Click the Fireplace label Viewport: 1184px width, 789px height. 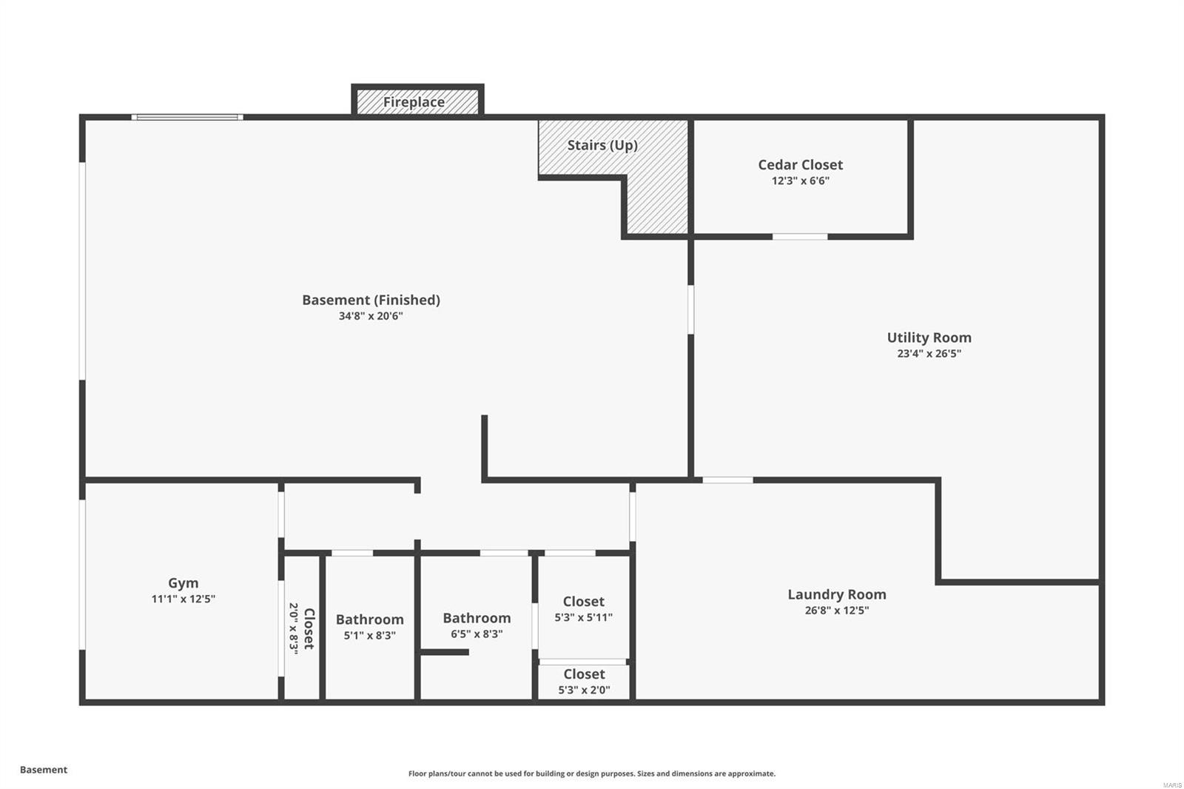pos(414,102)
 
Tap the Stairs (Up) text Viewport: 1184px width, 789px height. pos(602,145)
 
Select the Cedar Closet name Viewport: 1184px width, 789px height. pos(800,165)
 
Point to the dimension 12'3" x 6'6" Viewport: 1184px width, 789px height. pos(800,181)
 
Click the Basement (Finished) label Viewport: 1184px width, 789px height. pos(371,300)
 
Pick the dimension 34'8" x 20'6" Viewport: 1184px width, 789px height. pos(371,317)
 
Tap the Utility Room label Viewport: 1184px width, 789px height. pos(929,338)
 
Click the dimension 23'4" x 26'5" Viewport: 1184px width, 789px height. pos(929,354)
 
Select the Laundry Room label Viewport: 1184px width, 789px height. pos(836,594)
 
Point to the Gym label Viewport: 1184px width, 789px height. pos(183,583)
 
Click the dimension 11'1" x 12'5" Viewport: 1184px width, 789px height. pos(183,600)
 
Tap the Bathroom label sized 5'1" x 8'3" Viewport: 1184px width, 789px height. pos(369,620)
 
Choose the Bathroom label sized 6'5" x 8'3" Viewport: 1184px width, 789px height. pos(477,618)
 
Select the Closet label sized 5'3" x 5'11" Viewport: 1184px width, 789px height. pos(583,602)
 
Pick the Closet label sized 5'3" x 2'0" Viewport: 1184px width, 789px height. pos(584,674)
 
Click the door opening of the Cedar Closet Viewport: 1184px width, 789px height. pos(800,237)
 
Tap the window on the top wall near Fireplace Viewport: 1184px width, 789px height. pos(187,117)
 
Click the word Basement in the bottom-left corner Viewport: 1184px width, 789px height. pos(44,770)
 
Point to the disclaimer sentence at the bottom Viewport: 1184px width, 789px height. pos(592,773)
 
